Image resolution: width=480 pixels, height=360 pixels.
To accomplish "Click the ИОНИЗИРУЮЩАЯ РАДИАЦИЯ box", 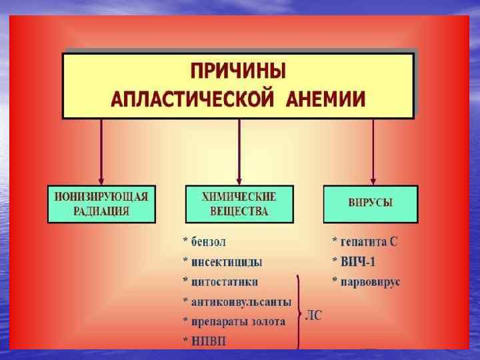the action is [x=101, y=204].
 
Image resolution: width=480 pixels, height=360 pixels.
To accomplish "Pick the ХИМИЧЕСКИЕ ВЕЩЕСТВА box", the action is [x=239, y=204].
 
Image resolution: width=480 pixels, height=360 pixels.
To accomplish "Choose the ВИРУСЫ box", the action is [x=371, y=204].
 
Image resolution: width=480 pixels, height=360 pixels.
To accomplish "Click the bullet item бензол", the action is [x=213, y=241].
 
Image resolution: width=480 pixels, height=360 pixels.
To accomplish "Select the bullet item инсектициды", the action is [x=226, y=261].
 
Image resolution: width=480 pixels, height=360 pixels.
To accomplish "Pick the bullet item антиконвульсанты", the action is [x=241, y=301].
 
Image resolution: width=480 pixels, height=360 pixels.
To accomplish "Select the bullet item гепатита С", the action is [x=368, y=241].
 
